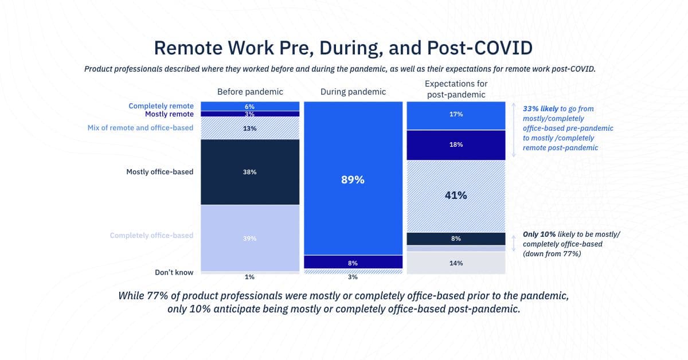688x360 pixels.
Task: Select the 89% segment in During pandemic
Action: click(x=353, y=179)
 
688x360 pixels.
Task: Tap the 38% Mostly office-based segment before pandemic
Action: click(x=249, y=171)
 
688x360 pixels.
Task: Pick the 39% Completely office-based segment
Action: click(x=249, y=238)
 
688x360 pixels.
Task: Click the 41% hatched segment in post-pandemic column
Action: click(x=456, y=195)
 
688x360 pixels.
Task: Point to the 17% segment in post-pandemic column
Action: click(x=456, y=115)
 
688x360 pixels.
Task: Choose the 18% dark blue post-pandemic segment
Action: click(x=456, y=145)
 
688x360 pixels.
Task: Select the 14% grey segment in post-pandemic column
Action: click(x=456, y=263)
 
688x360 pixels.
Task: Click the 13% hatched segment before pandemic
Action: click(x=249, y=128)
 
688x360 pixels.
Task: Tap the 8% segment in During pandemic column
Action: click(x=353, y=263)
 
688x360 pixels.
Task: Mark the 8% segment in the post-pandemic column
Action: click(x=456, y=238)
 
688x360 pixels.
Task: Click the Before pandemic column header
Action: click(x=249, y=92)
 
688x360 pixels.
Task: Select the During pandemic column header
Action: click(x=353, y=92)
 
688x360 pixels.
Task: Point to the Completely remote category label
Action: click(x=161, y=106)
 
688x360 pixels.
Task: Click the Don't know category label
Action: click(x=174, y=272)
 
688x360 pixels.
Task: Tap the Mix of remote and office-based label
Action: click(x=140, y=128)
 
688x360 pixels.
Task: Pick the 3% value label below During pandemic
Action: click(x=353, y=277)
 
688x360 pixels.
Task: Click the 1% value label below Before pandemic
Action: click(x=249, y=277)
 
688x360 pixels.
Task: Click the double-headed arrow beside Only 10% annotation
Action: click(x=514, y=244)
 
